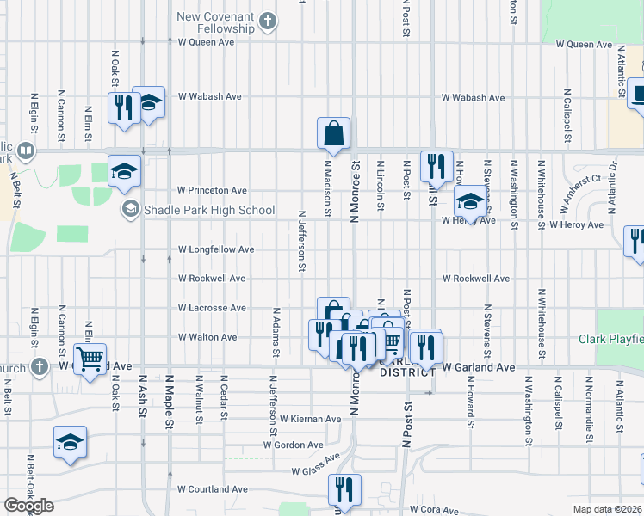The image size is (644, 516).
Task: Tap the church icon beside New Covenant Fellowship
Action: (x=269, y=22)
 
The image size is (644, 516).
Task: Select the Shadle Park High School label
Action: (x=209, y=210)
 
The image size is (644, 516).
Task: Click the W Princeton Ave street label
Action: (x=212, y=190)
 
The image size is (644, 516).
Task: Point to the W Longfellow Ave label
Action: (x=215, y=249)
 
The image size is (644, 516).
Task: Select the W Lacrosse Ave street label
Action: (x=212, y=307)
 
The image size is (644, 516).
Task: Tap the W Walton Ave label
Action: (x=207, y=337)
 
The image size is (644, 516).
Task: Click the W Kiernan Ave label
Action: (x=310, y=419)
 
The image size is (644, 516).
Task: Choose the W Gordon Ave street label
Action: (x=294, y=445)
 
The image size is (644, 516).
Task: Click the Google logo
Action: (x=28, y=507)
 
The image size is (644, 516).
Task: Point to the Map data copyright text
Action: (x=608, y=509)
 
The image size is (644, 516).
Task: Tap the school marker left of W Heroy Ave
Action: (x=468, y=203)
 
